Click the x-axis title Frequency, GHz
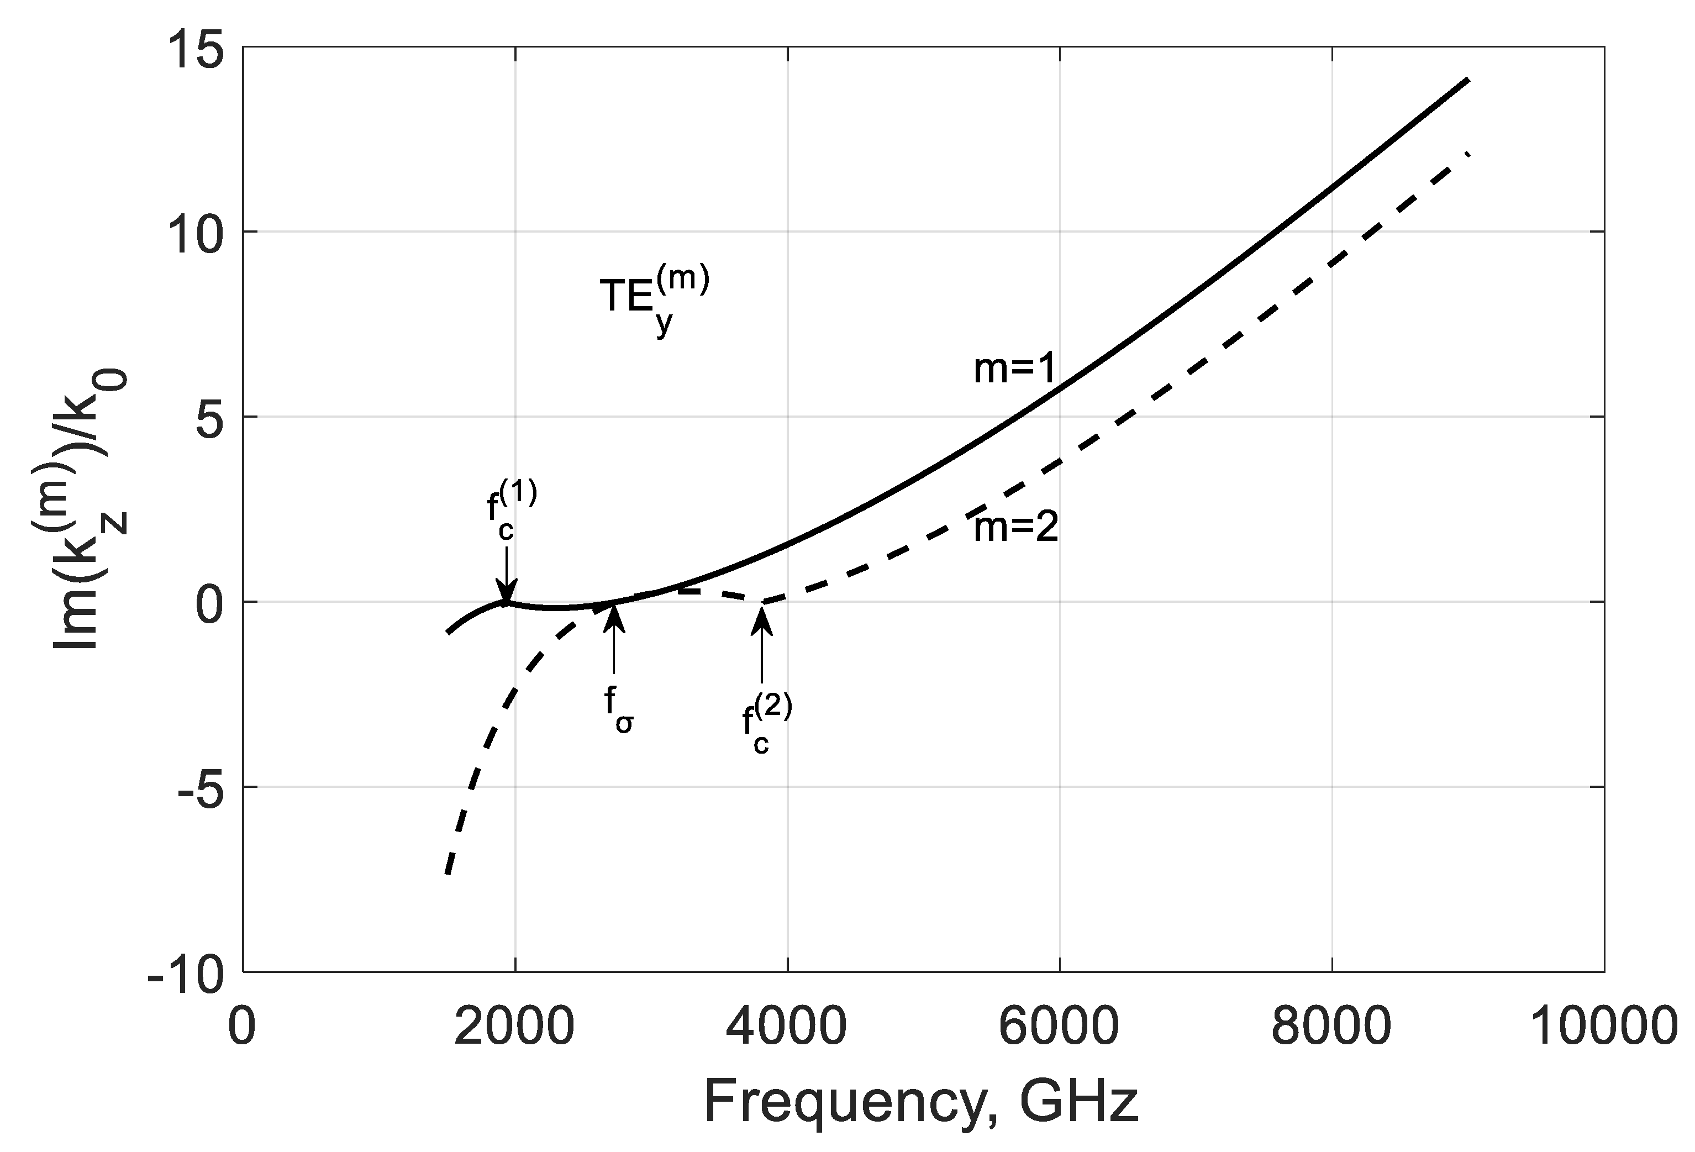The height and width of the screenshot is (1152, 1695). (x=921, y=1102)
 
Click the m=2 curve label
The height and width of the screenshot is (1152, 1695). (x=1016, y=529)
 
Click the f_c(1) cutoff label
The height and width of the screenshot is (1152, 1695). (x=510, y=511)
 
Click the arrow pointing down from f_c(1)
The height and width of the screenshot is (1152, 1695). (x=506, y=576)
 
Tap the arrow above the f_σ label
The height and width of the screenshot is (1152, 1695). (x=614, y=638)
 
